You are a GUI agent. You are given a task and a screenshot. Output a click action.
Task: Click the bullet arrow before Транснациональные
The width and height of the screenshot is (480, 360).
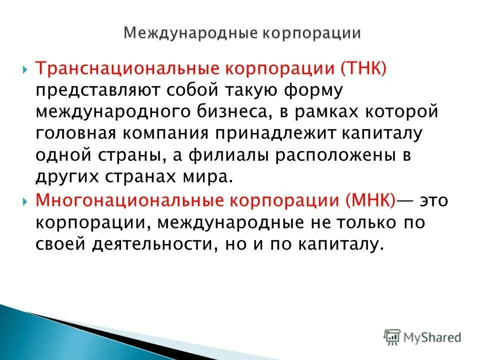[x=25, y=69]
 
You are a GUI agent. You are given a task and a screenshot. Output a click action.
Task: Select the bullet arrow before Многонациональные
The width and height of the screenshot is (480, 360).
[x=25, y=200]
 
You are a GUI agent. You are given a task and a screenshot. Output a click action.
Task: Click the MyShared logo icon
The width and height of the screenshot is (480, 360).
[x=392, y=337]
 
